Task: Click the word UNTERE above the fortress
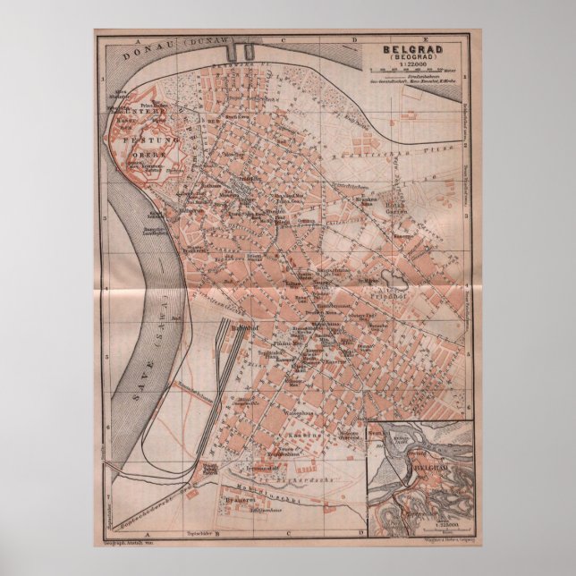click(x=143, y=114)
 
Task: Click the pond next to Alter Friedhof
click(x=394, y=284)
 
